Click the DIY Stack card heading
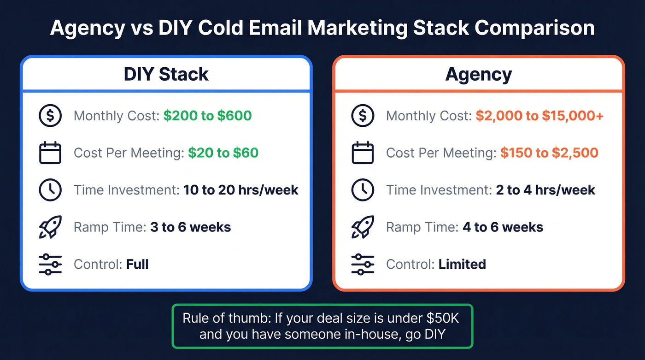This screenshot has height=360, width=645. point(166,74)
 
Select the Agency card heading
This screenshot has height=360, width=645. point(478,74)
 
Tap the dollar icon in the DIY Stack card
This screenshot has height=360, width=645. point(50,116)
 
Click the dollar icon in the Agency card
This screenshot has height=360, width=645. point(363,116)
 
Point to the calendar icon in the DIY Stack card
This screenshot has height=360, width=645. point(50,153)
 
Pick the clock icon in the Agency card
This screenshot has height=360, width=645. point(363,190)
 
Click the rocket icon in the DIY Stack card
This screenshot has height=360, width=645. point(50,227)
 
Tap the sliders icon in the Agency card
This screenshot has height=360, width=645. point(363,264)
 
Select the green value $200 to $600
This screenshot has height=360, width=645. point(207,115)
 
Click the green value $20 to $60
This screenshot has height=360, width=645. point(223,153)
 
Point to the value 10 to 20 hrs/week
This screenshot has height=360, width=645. point(240,190)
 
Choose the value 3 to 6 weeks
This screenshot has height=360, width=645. point(190,227)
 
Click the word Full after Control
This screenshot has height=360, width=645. point(137,264)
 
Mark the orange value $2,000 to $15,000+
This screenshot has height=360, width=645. point(539,115)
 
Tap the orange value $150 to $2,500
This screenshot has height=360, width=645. point(549,153)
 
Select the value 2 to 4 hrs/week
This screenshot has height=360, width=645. point(545,190)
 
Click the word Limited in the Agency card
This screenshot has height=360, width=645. point(462,264)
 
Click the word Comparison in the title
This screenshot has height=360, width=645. point(534,28)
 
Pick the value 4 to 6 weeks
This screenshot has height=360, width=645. point(503,227)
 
